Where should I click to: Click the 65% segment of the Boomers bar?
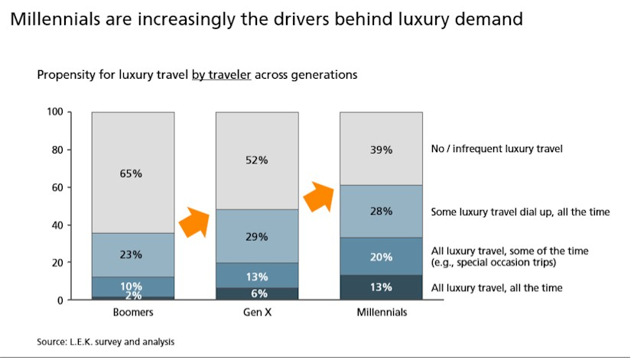[x=132, y=173]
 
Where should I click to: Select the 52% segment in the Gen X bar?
[x=257, y=161]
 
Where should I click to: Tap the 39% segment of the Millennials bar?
[x=381, y=149]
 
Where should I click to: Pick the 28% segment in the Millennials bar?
[x=381, y=211]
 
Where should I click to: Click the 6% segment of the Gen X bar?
[x=257, y=294]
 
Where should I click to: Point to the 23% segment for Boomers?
[x=132, y=255]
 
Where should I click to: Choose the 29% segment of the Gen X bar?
[x=257, y=236]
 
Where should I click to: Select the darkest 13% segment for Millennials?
[x=381, y=287]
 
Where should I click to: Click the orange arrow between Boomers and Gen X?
[x=193, y=222]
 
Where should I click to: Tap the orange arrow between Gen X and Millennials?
[x=318, y=196]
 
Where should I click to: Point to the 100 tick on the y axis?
[x=54, y=113]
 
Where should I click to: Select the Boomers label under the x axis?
[x=132, y=313]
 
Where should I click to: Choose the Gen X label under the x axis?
[x=257, y=313]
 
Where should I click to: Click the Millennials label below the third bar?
[x=381, y=313]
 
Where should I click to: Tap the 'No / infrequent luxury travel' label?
[x=497, y=149]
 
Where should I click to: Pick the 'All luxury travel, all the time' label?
[x=497, y=288]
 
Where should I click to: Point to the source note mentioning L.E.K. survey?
[x=106, y=342]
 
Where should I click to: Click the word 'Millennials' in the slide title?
[x=54, y=19]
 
